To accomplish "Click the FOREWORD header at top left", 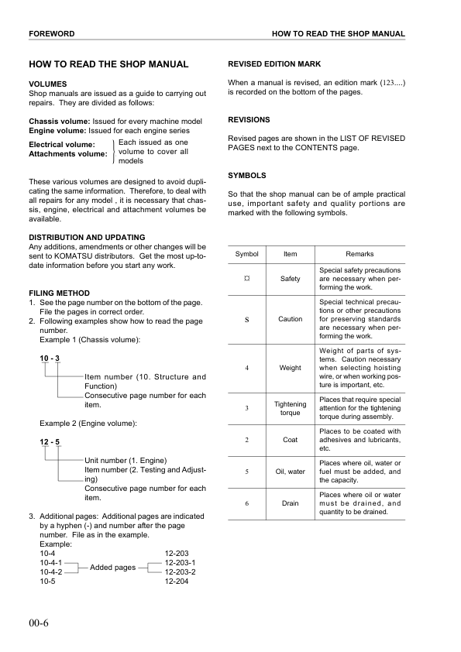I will click(x=51, y=35).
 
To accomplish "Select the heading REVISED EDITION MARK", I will click(x=274, y=63).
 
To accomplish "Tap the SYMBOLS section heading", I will click(x=247, y=176).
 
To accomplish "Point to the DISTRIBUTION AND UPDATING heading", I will click(x=87, y=237).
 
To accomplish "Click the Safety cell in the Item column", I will click(x=290, y=279).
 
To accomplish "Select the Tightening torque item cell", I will click(x=290, y=408).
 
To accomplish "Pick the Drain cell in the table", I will click(x=290, y=503).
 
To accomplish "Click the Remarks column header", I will click(x=360, y=254).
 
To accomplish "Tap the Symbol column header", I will click(x=246, y=254).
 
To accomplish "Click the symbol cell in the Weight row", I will click(x=246, y=368).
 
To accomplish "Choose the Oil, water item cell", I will click(x=290, y=471).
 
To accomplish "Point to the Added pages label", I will click(x=113, y=568).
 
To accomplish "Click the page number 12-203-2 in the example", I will click(x=180, y=572).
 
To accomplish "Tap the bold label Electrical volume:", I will click(x=62, y=145).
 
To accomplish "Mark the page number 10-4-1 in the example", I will click(x=50, y=563).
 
